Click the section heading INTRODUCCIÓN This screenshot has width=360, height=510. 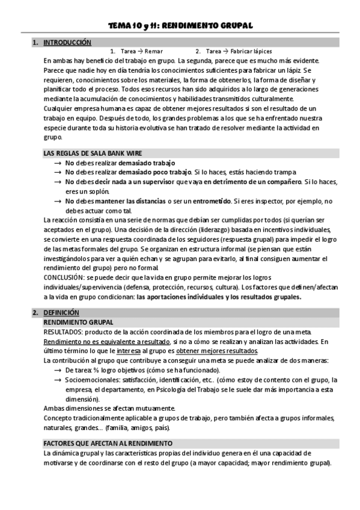[x=67, y=43]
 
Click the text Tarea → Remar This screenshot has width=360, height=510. [x=141, y=52]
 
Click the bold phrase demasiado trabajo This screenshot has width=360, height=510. [x=146, y=163]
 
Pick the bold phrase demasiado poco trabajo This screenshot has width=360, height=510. [x=153, y=172]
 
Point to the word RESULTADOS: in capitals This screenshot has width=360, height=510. [x=63, y=333]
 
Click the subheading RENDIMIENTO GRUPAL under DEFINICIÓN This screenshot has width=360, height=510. [x=79, y=323]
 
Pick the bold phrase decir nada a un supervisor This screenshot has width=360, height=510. [x=138, y=182]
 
